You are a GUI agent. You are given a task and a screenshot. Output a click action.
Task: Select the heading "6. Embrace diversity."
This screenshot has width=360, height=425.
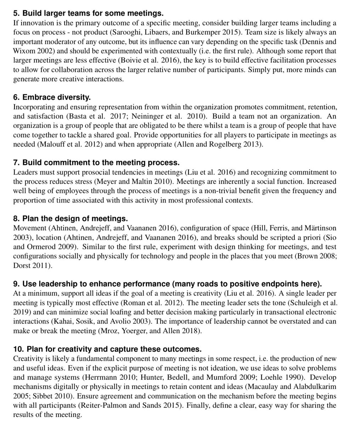point(52,97)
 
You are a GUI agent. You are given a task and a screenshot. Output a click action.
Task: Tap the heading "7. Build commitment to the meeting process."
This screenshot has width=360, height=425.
point(96,163)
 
